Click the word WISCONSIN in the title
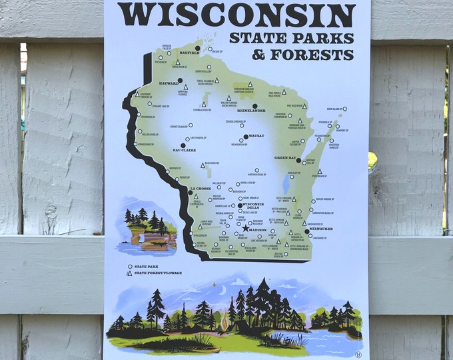tap(236, 15)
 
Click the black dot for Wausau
tap(246, 137)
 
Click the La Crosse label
tap(200, 189)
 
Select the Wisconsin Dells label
tap(252, 207)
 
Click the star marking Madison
tap(245, 229)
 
